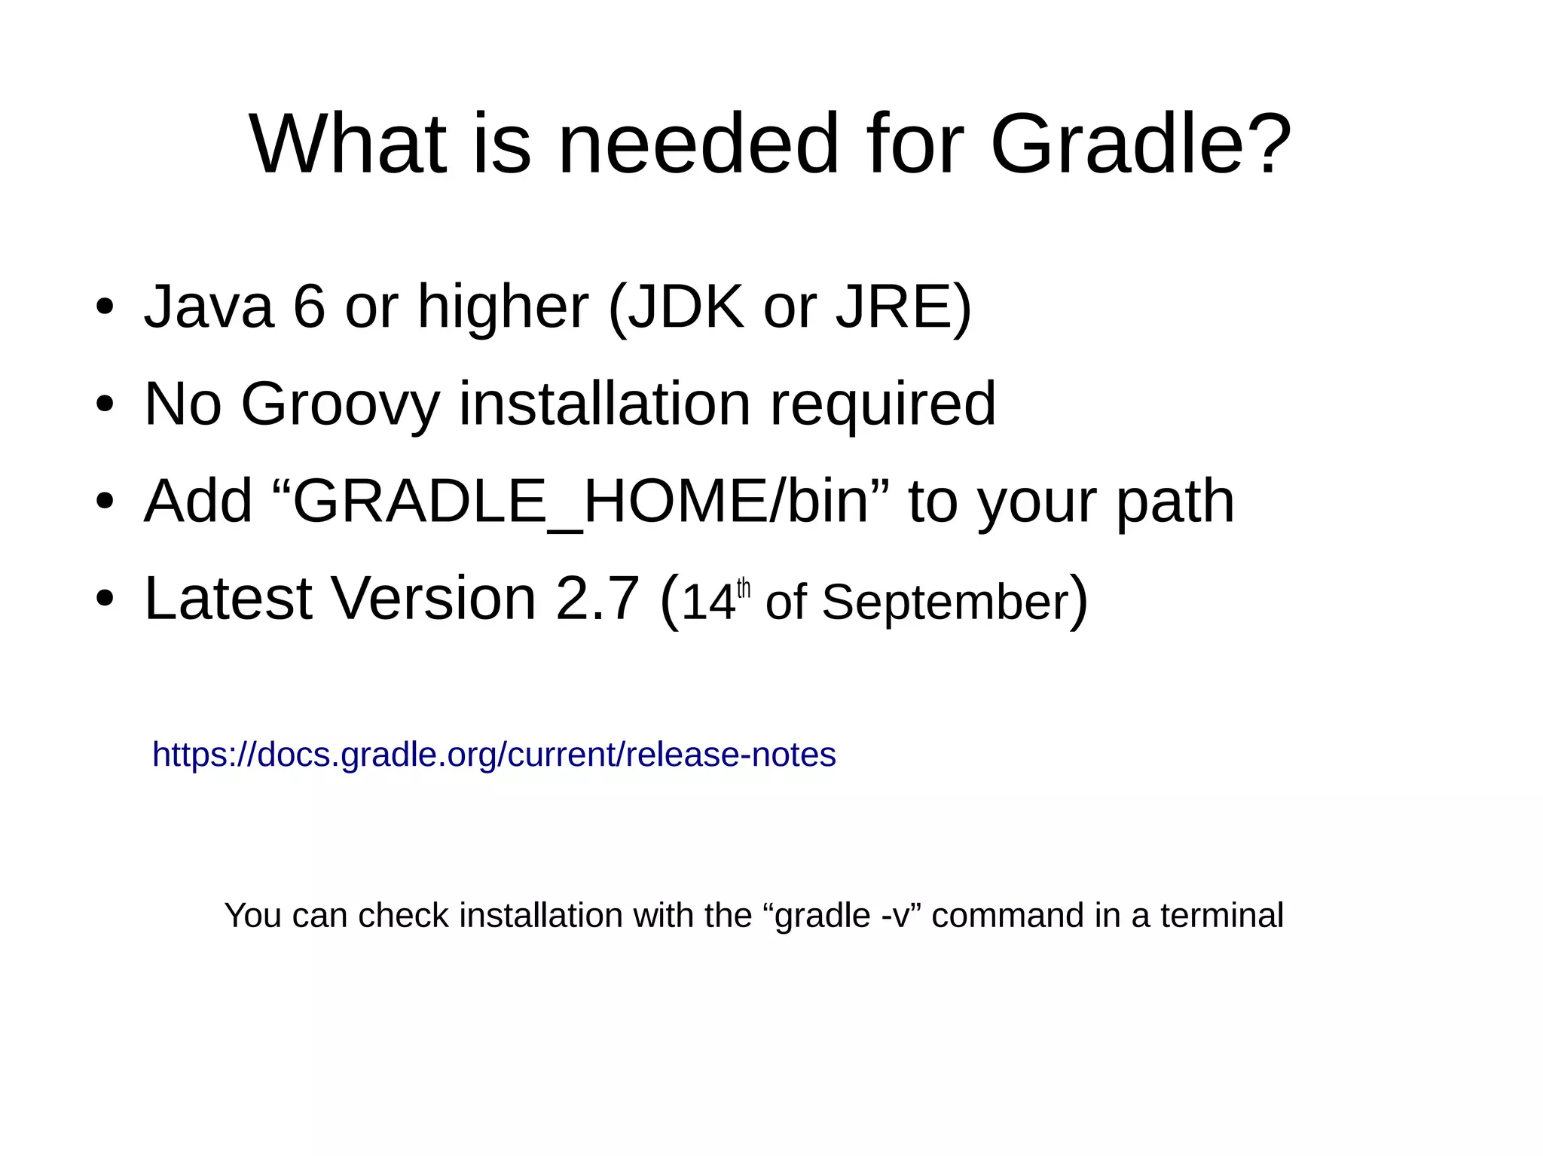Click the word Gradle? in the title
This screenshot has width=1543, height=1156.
pyautogui.click(x=1141, y=144)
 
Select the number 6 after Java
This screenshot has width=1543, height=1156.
pyautogui.click(x=309, y=307)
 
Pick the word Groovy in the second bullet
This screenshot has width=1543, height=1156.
pyautogui.click(x=340, y=404)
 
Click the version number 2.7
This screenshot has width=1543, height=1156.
pyautogui.click(x=597, y=599)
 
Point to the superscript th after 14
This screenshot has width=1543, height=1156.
pyautogui.click(x=744, y=587)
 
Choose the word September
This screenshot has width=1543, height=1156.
pyautogui.click(x=945, y=602)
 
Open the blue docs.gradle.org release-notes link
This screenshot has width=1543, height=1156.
pyautogui.click(x=493, y=755)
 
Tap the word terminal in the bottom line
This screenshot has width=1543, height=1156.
pyautogui.click(x=1221, y=916)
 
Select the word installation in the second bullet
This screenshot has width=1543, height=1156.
pyautogui.click(x=605, y=404)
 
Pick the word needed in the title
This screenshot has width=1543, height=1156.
pyautogui.click(x=698, y=144)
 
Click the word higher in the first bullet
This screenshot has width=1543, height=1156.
pyautogui.click(x=503, y=307)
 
